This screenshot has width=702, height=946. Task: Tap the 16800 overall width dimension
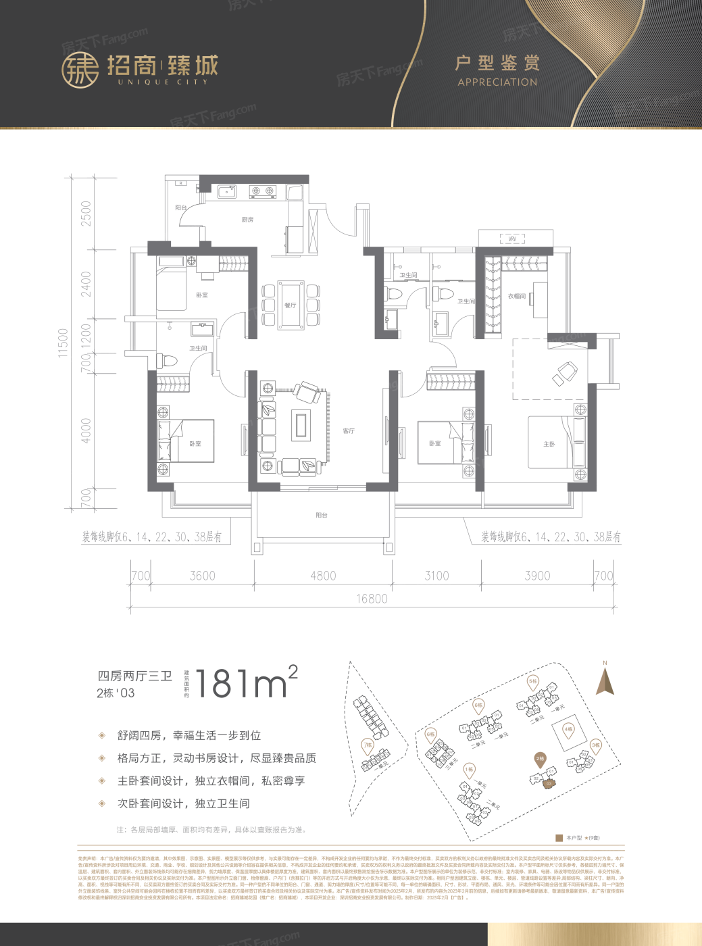[x=372, y=599]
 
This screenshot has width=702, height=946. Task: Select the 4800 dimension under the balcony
[x=323, y=576]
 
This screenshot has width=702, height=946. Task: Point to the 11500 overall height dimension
[x=64, y=343]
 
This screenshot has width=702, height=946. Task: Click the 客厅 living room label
[x=349, y=431]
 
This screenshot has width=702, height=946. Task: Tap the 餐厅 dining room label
[x=291, y=305]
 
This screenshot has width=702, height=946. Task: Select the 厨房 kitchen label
[x=247, y=220]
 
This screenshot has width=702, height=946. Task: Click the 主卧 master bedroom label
[x=549, y=444]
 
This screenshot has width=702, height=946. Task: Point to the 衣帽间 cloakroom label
[x=517, y=296]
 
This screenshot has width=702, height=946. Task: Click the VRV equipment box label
[x=512, y=239]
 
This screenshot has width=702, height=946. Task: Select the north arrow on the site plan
[x=605, y=681]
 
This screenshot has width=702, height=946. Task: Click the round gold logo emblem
[x=80, y=70]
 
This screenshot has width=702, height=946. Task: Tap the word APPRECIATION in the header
[x=497, y=82]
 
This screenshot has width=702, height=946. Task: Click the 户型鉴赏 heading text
[x=497, y=63]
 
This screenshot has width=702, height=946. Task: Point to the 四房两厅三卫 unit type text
[x=134, y=676]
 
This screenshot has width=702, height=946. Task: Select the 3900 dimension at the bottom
[x=537, y=576]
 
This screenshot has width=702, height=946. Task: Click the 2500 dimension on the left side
[x=86, y=214]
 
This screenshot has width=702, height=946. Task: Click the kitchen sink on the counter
[x=227, y=191]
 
